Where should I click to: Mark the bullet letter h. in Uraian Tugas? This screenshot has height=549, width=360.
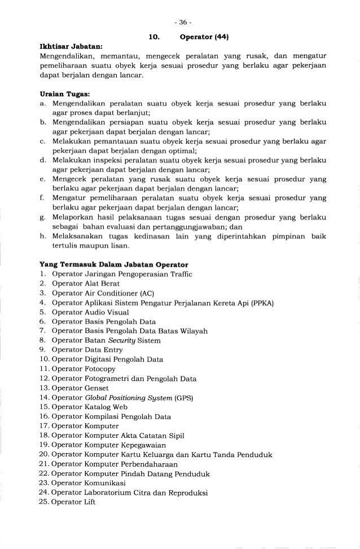click(x=43, y=237)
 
